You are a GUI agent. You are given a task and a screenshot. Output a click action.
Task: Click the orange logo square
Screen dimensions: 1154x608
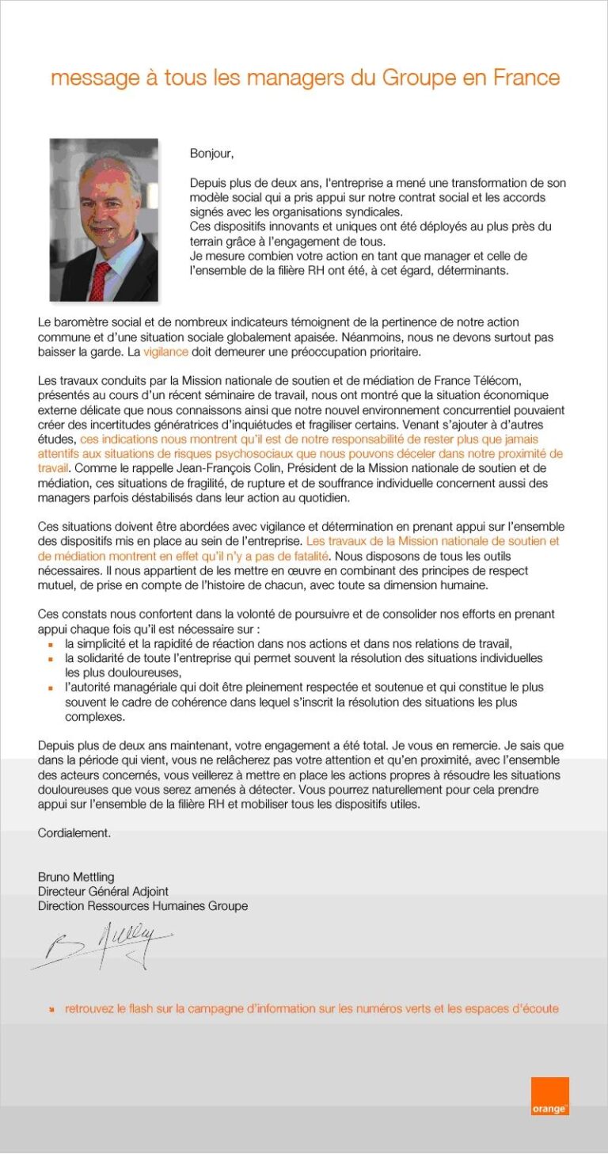pos(549,1096)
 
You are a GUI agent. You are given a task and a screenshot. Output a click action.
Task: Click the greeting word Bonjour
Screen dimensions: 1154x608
pos(212,153)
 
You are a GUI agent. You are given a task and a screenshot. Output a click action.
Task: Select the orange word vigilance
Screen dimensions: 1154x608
pos(165,351)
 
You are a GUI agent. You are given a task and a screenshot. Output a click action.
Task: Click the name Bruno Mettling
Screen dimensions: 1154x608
pos(76,877)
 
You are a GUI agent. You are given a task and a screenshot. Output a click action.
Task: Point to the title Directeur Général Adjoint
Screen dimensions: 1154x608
pos(103,891)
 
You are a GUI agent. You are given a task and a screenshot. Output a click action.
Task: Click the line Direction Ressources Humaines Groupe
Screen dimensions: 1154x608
pos(142,905)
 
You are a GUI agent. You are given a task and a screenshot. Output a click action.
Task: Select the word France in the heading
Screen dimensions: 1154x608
pos(526,78)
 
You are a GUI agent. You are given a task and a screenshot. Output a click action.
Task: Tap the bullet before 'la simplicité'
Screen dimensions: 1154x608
pos(51,644)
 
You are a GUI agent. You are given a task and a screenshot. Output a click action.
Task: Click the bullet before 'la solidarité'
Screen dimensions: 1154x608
pos(51,658)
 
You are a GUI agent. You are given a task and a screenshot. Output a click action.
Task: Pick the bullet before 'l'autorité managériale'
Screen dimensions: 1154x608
pos(51,687)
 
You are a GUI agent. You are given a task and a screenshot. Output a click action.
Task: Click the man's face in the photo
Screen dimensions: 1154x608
pos(103,214)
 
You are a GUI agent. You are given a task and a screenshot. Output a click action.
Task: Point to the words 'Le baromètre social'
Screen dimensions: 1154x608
pos(87,322)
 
